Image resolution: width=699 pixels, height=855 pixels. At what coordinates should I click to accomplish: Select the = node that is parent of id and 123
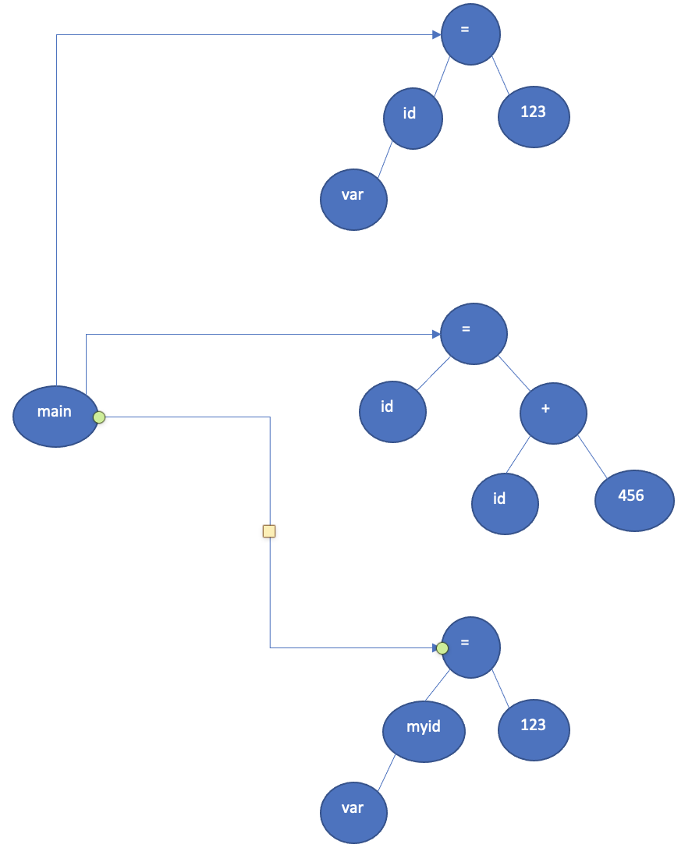(470, 35)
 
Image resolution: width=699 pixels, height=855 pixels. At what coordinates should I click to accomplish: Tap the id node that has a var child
(413, 119)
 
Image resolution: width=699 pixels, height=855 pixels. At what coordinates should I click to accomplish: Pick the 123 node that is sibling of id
(534, 118)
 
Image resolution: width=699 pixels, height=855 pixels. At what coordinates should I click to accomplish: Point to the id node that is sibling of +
(392, 411)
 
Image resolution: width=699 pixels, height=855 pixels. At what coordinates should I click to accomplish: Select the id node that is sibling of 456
(505, 502)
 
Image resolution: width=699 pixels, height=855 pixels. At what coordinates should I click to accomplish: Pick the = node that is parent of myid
(471, 647)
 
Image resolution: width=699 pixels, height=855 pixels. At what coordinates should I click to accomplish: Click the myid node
(424, 731)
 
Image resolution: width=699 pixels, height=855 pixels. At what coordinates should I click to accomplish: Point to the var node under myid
(353, 811)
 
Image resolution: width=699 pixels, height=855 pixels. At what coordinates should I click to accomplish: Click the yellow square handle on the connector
(270, 531)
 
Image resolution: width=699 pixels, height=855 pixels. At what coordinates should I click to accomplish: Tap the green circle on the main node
(99, 417)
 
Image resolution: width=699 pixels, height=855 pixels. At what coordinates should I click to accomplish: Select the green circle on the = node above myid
(442, 648)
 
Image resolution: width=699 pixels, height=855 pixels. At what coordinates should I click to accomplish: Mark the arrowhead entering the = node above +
(436, 334)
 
